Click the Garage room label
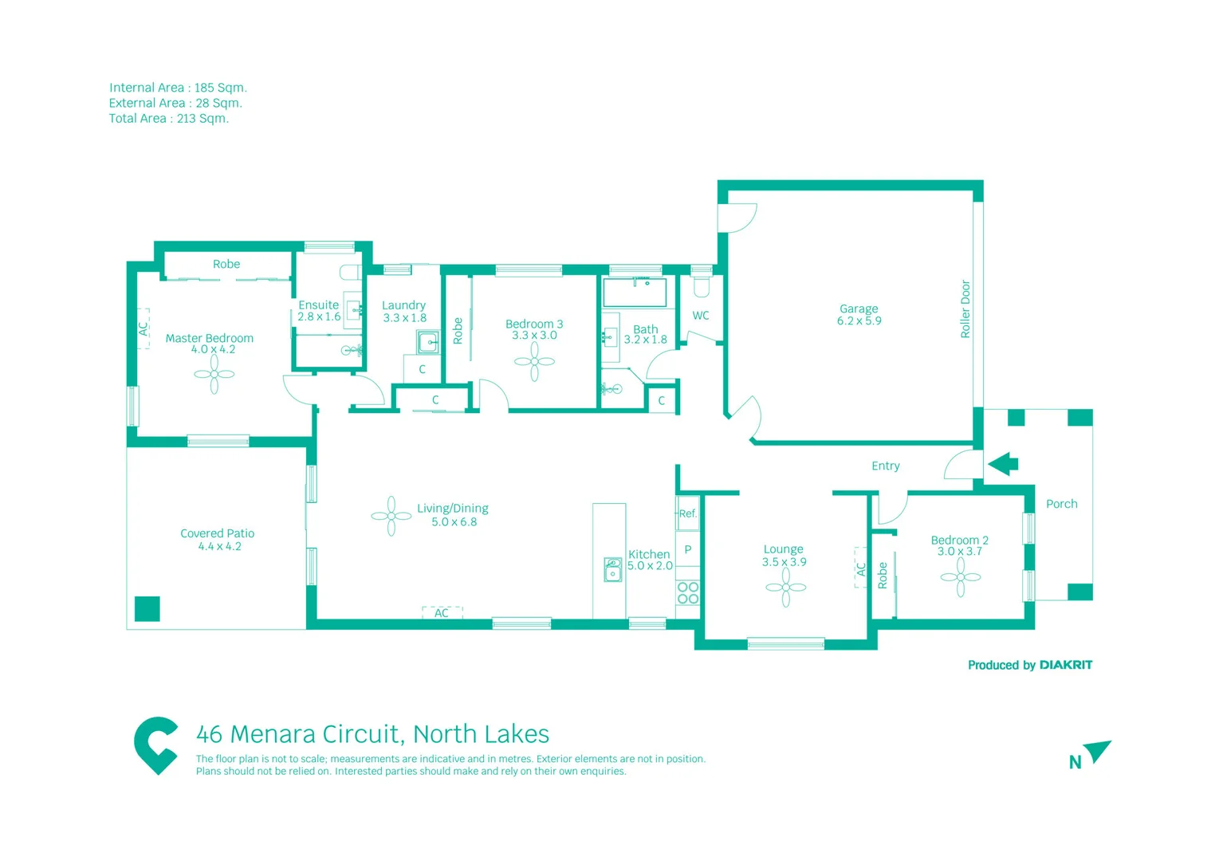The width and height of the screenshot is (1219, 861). pos(858,309)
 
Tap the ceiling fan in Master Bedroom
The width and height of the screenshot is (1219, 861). pos(214,374)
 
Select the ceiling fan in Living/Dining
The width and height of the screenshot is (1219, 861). pos(391,516)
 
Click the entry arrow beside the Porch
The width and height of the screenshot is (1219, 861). pos(1003,463)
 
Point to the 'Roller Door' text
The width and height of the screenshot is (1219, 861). pos(965,309)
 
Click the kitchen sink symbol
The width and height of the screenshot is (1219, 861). pos(612,569)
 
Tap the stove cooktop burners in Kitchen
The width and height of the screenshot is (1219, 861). pos(687,593)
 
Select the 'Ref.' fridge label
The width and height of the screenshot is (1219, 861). pos(687,513)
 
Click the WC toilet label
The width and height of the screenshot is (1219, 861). pos(701,316)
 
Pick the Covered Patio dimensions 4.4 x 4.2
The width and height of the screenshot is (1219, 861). pos(219,546)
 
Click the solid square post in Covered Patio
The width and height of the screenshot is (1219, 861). pos(147,608)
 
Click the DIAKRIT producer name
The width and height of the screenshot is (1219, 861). pos(1065,665)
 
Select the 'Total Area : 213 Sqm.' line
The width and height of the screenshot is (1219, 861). pos(169,119)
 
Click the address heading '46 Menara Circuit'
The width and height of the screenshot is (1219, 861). pos(372,733)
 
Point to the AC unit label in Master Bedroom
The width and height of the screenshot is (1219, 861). pos(144,328)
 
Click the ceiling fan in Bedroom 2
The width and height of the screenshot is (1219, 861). pos(960,577)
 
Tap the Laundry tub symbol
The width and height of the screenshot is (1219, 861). pos(428,343)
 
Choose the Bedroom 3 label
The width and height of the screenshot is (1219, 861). pos(533,324)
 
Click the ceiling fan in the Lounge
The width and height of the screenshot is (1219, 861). pos(785,588)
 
